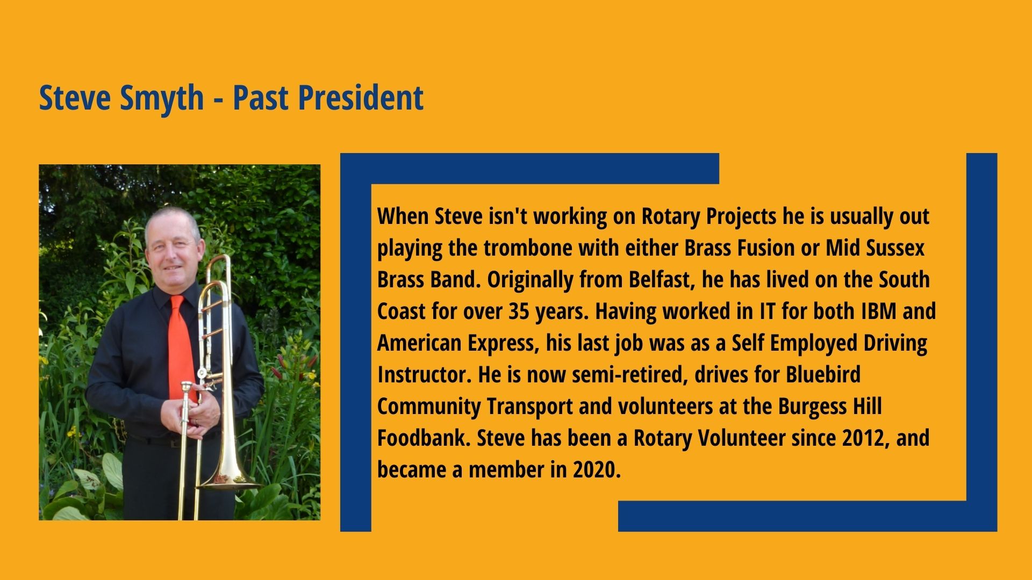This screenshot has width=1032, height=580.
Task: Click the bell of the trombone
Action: pyautogui.click(x=228, y=481)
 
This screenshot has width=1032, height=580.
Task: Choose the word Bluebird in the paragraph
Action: pyautogui.click(x=823, y=374)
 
